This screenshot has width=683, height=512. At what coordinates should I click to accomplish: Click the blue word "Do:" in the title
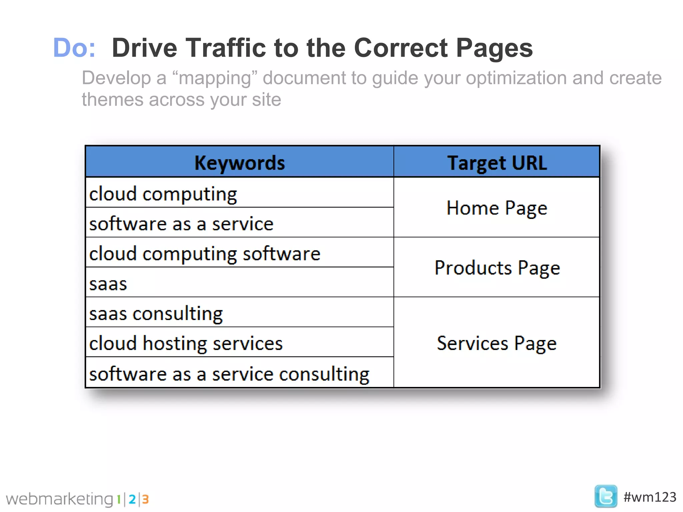(x=74, y=48)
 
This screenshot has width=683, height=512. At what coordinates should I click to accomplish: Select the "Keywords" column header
(x=239, y=163)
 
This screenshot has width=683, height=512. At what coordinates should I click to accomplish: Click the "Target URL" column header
(x=497, y=163)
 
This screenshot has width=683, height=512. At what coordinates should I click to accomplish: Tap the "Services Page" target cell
(x=497, y=343)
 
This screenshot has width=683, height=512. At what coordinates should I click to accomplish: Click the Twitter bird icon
(x=606, y=496)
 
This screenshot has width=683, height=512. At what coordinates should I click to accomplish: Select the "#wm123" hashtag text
(x=650, y=497)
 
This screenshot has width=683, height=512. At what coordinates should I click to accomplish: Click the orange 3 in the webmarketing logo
(x=145, y=499)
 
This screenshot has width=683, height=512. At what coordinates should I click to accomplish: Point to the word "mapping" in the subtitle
(x=215, y=78)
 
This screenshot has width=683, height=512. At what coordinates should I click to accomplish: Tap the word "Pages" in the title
(x=494, y=48)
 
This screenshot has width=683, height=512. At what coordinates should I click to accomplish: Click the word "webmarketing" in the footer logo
(x=60, y=499)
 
